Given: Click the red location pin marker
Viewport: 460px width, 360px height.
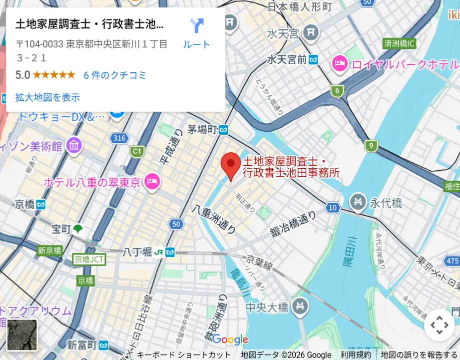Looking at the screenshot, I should point(231,165).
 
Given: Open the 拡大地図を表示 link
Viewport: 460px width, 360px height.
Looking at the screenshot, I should point(47,97).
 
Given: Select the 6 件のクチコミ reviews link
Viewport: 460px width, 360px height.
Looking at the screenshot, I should point(115,75).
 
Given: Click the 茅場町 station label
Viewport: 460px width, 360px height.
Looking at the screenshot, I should point(202,130).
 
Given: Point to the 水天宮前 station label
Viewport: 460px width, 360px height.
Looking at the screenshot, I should point(287,59).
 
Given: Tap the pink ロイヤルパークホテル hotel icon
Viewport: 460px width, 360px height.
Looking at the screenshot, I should point(340,64).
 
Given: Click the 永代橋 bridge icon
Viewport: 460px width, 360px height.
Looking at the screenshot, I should point(358,202).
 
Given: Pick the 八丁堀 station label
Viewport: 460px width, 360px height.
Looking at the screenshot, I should point(137,252).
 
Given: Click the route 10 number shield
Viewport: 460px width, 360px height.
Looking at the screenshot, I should point(333,207).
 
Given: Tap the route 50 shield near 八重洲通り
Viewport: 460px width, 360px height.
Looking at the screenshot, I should point(175,224).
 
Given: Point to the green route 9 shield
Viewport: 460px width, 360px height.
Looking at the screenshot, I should point(371,146).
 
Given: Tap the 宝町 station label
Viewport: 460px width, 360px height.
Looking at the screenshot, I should point(62,229).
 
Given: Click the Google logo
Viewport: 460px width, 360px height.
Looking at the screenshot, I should point(230,340).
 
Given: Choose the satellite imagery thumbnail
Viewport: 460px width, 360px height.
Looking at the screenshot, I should point(22,335).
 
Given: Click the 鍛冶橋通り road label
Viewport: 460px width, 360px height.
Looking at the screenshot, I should point(294,225).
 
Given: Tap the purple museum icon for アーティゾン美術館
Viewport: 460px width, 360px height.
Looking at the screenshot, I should point(74,146).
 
